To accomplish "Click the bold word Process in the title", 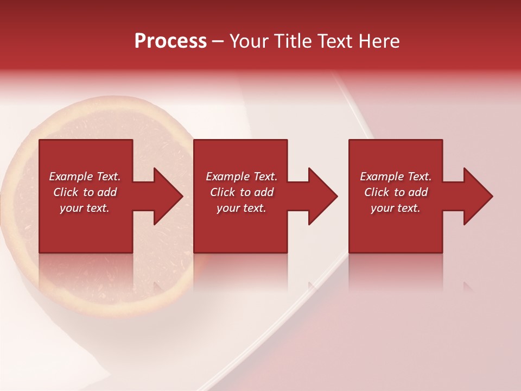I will (x=170, y=41).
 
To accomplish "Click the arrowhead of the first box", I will (x=168, y=196).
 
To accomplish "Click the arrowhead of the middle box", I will (x=322, y=196).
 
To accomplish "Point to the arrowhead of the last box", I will (x=478, y=196).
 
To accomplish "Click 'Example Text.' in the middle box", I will (x=241, y=176).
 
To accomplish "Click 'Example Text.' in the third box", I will (x=396, y=176).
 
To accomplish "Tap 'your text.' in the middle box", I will (x=241, y=208).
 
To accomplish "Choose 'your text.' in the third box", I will (x=396, y=208).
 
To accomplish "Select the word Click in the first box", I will (x=65, y=192).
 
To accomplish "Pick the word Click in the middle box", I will (x=222, y=192).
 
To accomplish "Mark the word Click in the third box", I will (x=377, y=192).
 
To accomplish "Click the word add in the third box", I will (x=418, y=192).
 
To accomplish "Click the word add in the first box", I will (x=107, y=192).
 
